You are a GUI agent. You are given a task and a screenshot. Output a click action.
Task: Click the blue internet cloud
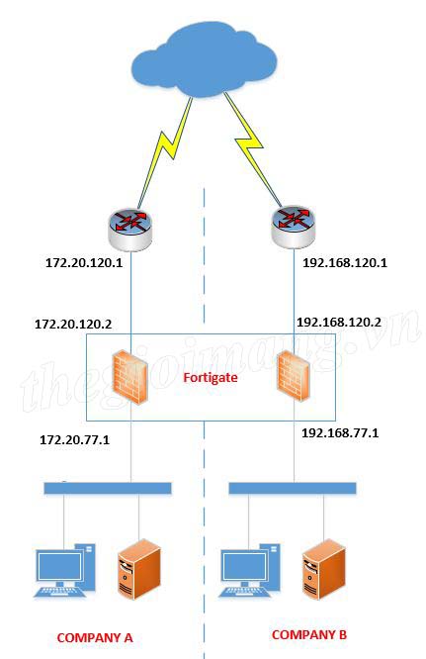(x=205, y=58)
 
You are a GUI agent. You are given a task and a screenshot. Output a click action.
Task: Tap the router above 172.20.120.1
(x=130, y=229)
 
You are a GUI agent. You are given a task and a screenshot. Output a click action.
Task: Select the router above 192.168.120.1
(x=293, y=227)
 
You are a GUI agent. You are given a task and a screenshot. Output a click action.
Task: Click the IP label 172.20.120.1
(x=84, y=263)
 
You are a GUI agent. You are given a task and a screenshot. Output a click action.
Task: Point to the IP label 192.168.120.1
(x=345, y=263)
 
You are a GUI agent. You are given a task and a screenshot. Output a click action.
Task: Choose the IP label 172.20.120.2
(x=73, y=324)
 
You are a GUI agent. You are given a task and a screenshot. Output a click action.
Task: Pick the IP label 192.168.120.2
(x=339, y=323)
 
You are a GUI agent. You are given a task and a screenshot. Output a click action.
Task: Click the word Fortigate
(x=211, y=377)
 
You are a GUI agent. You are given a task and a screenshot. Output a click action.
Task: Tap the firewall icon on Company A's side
(x=130, y=378)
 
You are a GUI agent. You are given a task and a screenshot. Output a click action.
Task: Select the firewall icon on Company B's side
(x=293, y=376)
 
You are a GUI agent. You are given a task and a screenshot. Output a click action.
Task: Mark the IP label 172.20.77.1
(x=75, y=440)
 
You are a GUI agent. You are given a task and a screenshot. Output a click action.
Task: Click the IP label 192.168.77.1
(x=340, y=432)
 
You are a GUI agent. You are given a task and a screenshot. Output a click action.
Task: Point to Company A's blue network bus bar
(x=108, y=488)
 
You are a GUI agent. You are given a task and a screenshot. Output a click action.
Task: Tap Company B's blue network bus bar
(x=293, y=488)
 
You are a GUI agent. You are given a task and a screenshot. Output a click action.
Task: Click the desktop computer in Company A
(x=64, y=570)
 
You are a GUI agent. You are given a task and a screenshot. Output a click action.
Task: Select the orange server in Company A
(x=139, y=569)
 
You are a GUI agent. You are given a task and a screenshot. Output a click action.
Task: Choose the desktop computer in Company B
(x=249, y=570)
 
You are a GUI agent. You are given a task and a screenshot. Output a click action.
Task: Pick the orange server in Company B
(x=324, y=569)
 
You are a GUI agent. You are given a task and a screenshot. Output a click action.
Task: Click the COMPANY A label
(x=95, y=638)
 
